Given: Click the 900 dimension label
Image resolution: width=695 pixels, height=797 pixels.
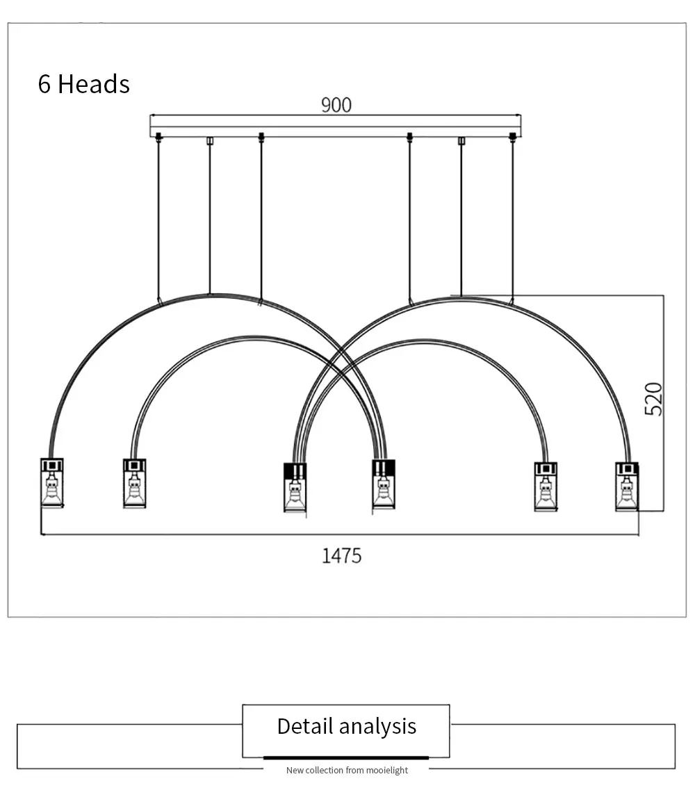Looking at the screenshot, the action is [336, 105].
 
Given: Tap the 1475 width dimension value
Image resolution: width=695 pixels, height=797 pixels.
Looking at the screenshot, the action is [342, 556].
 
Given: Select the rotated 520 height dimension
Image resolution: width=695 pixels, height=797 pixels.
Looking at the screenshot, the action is [653, 399].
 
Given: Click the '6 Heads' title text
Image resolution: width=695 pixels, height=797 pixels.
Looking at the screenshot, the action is [84, 84].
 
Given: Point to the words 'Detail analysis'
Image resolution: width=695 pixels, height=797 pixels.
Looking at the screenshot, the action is [347, 726].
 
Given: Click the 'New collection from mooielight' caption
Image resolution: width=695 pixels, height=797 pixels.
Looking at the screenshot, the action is [347, 770].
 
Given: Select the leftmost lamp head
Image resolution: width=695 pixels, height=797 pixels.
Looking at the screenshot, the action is [52, 483].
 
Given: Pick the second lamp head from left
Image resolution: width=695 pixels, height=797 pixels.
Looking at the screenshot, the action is [134, 483].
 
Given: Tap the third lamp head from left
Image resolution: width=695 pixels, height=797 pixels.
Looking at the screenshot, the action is [295, 487].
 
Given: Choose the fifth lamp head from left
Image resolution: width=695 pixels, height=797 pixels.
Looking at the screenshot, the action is [546, 486].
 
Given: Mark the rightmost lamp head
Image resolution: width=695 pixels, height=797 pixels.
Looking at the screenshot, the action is [627, 486].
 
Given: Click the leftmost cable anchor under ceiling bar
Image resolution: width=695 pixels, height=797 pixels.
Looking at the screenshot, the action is [158, 137].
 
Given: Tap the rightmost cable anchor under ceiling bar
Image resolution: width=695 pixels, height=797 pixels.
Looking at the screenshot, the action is [512, 138].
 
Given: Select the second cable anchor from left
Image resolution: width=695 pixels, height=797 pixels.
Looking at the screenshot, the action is [209, 140].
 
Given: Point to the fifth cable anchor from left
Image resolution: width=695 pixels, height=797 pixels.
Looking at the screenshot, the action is [461, 140].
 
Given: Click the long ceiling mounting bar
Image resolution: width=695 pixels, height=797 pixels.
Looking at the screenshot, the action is [336, 126].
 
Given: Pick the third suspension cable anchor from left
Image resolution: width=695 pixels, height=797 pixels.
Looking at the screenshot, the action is [261, 137].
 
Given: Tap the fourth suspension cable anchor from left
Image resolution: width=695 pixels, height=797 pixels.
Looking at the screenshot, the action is [409, 137].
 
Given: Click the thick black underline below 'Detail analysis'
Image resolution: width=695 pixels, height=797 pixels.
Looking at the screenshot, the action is [345, 758].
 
